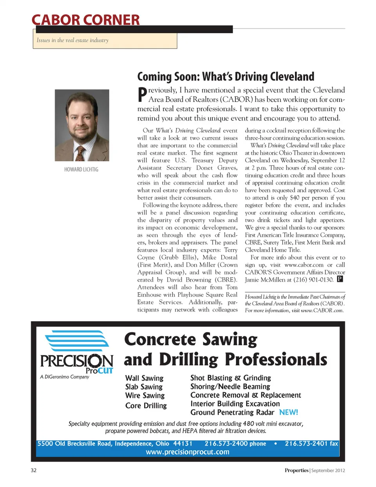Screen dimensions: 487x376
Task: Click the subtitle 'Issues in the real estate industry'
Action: click(x=72, y=40)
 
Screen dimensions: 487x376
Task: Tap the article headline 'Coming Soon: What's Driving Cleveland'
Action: click(x=226, y=76)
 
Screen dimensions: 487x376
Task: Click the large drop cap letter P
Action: click(x=142, y=95)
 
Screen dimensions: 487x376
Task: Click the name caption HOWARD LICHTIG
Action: click(x=81, y=169)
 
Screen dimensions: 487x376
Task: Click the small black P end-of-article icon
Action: click(x=340, y=279)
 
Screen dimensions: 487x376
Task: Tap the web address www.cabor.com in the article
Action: click(x=304, y=265)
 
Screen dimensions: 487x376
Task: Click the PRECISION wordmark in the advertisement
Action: click(x=77, y=361)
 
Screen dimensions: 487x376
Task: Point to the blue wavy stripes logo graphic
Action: click(x=77, y=341)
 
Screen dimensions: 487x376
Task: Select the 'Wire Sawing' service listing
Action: click(x=145, y=395)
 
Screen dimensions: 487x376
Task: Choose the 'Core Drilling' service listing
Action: click(x=146, y=406)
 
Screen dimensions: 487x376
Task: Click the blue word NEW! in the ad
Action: click(x=289, y=412)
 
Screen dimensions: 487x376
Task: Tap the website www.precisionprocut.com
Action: click(x=188, y=452)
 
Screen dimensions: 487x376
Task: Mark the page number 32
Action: click(x=34, y=470)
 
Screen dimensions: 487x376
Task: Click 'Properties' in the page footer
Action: click(x=296, y=470)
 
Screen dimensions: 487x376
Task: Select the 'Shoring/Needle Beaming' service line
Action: click(x=230, y=386)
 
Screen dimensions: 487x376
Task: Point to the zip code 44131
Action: click(x=183, y=444)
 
